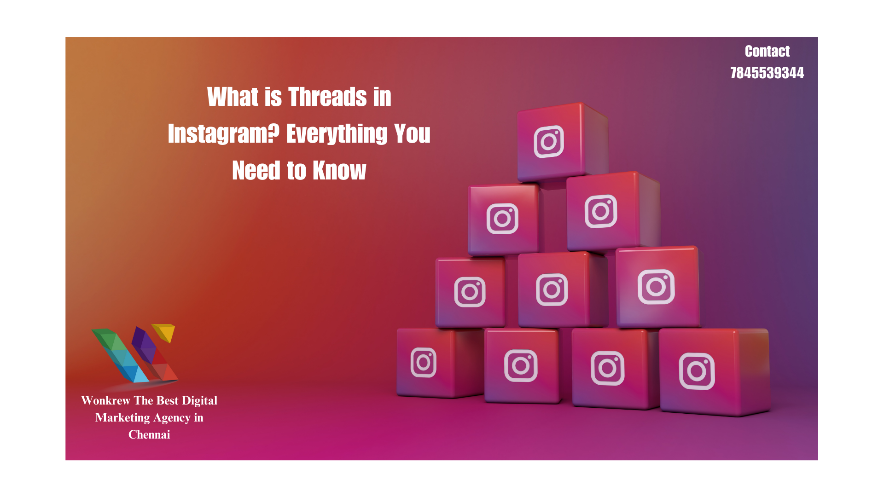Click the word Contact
coord(767,51)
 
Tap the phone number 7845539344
coord(767,73)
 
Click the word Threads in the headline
coord(327,97)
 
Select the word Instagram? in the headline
coord(224,134)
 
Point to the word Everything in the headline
coord(337,134)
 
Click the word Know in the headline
coord(339,171)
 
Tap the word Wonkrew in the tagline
coord(106,401)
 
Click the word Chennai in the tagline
coord(149,435)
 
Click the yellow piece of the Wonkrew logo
coord(165,331)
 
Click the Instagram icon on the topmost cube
coord(549,141)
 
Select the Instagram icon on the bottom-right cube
coord(697,371)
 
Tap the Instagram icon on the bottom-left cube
coord(424,362)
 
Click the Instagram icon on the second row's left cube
coord(502,219)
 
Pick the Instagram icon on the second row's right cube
coord(601,211)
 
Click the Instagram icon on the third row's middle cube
coord(552,290)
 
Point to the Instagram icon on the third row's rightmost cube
coord(656,287)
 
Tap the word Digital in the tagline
coord(199,401)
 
